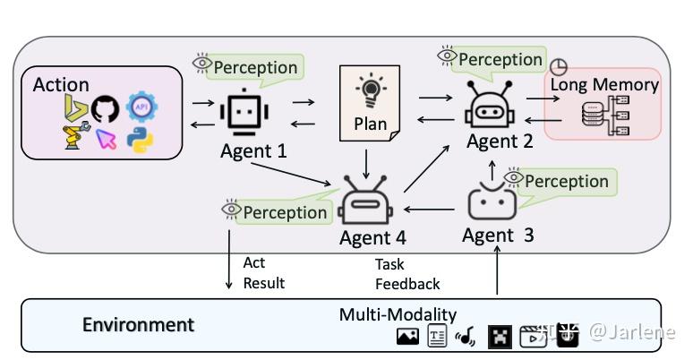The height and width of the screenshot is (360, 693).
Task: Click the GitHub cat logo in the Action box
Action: tap(105, 110)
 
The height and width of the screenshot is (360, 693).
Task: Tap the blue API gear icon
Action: tap(141, 107)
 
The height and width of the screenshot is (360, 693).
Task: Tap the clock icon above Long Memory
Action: tap(558, 67)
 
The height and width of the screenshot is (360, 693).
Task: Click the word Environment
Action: tap(138, 324)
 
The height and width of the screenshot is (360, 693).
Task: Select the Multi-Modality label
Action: tap(398, 314)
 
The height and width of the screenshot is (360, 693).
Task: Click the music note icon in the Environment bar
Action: tap(466, 337)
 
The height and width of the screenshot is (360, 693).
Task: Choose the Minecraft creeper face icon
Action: tap(500, 337)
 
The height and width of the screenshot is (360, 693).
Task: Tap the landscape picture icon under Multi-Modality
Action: tap(407, 337)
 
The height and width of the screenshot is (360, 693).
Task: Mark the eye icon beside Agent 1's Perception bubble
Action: tap(202, 64)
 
